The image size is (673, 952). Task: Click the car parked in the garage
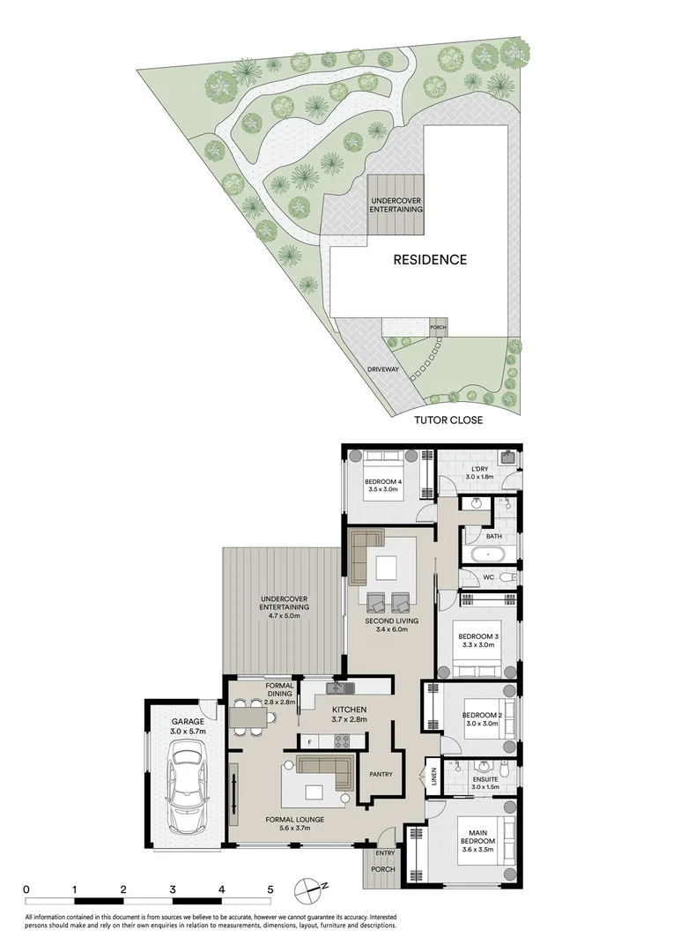(187, 787)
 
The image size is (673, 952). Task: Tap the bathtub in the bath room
(485, 556)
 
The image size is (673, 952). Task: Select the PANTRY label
(381, 776)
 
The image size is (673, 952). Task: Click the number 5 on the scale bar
(271, 889)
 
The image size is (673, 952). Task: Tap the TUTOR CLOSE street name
(448, 420)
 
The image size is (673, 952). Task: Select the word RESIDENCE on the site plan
(430, 260)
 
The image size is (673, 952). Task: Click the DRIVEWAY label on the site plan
(385, 368)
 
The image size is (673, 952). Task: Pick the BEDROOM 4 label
(383, 481)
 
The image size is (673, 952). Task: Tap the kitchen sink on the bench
(336, 687)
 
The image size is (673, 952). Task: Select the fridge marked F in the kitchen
(310, 742)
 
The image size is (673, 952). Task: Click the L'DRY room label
(479, 469)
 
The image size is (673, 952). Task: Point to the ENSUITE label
(484, 779)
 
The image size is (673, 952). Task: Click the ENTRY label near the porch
(385, 853)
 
